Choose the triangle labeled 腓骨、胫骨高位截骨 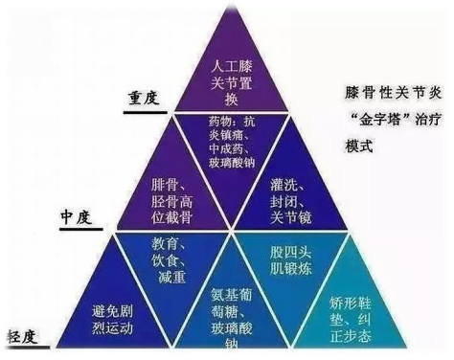point(172,191)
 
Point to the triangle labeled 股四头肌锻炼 point(288,259)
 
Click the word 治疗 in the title point(414,124)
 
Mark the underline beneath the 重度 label point(145,110)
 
